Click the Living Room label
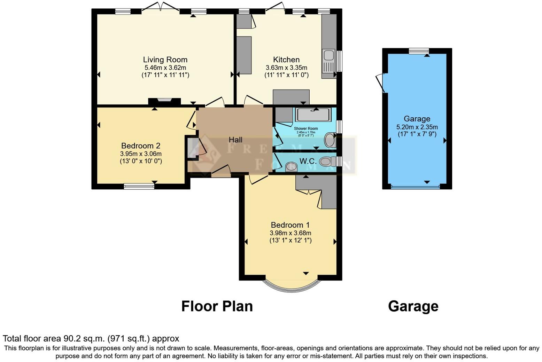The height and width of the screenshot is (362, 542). [x=165, y=60]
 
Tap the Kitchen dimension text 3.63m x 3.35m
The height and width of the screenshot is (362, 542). [x=286, y=68]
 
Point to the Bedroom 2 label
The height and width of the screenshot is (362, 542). [x=141, y=145]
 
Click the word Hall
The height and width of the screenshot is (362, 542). [x=235, y=140]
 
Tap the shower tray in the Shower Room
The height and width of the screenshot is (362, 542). [x=313, y=114]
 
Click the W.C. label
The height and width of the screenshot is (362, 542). [x=308, y=161]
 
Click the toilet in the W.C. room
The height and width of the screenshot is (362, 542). [x=325, y=161]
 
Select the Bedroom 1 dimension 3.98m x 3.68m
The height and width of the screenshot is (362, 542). [x=290, y=233]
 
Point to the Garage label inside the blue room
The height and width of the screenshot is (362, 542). [x=417, y=119]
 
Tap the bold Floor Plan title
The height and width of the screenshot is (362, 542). [x=217, y=306]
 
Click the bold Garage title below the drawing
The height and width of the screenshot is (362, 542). [x=413, y=306]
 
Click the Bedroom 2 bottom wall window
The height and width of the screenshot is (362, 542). [x=139, y=187]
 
